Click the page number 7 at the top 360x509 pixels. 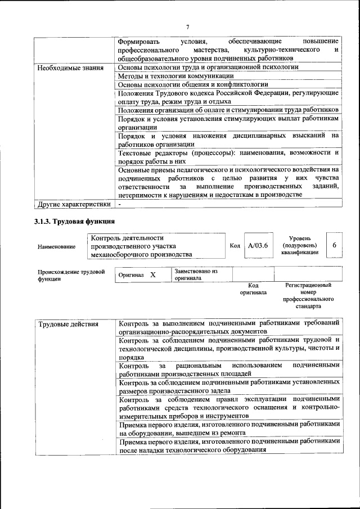click(x=188, y=26)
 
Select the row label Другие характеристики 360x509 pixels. click(x=74, y=204)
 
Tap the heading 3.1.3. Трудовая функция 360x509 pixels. click(x=74, y=222)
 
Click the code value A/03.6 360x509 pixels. click(x=258, y=246)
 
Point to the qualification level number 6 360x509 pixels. click(x=334, y=246)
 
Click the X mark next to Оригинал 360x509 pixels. click(x=152, y=275)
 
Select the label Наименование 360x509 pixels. click(x=56, y=246)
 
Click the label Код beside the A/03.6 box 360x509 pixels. click(x=235, y=246)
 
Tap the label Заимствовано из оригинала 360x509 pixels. click(x=195, y=274)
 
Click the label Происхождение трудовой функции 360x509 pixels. click(x=71, y=274)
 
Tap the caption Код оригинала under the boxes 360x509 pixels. click(x=253, y=289)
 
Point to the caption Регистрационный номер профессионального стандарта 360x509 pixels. click(x=308, y=296)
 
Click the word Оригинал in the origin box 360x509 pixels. click(x=132, y=275)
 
